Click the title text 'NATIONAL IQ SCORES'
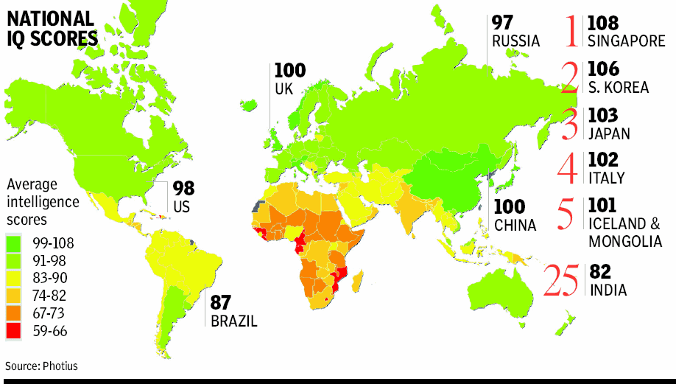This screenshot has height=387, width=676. coord(52,28)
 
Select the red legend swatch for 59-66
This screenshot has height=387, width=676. coord(15,330)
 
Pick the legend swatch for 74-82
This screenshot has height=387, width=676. coord(15,295)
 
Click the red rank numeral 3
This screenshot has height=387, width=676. coord(568,124)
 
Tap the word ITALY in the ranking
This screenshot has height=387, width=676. coord(607,178)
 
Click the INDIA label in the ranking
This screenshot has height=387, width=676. coord(608,290)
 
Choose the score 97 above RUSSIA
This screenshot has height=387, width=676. coord(503,23)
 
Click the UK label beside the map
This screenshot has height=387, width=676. coord(284,88)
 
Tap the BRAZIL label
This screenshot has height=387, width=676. coord(233,321)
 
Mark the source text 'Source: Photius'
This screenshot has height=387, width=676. coord(41,366)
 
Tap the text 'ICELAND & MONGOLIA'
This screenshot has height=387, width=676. coord(624,231)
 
